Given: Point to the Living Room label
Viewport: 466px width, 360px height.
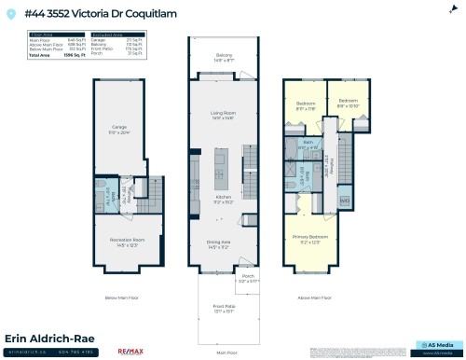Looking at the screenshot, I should click(224, 114).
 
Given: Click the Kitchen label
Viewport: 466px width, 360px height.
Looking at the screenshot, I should click(224, 198).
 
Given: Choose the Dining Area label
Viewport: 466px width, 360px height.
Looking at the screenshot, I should click(224, 245).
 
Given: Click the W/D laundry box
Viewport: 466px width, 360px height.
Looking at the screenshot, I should click(345, 200).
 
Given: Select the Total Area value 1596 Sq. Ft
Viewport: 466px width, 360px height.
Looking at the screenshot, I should click(61, 57).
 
